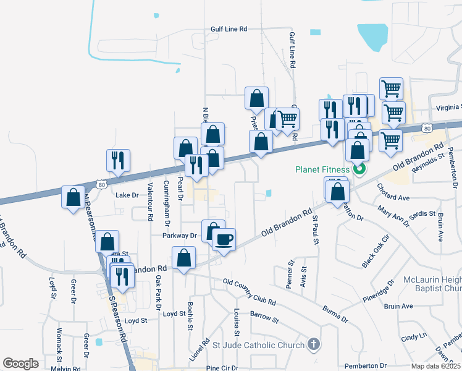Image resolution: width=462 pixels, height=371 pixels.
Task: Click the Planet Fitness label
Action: tap(322, 169)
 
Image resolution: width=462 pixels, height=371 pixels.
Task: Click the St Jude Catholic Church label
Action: tap(262, 345)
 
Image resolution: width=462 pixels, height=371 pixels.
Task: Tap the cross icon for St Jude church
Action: tap(314, 344)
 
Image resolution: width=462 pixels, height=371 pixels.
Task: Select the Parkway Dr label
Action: tap(179, 236)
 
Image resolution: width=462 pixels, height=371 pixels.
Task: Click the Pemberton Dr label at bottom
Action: tap(366, 366)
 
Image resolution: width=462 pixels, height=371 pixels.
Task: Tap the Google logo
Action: tap(20, 364)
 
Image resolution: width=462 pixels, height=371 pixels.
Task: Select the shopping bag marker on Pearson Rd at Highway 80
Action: tap(73, 197)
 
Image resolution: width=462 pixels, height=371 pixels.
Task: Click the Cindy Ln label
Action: tap(414, 338)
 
